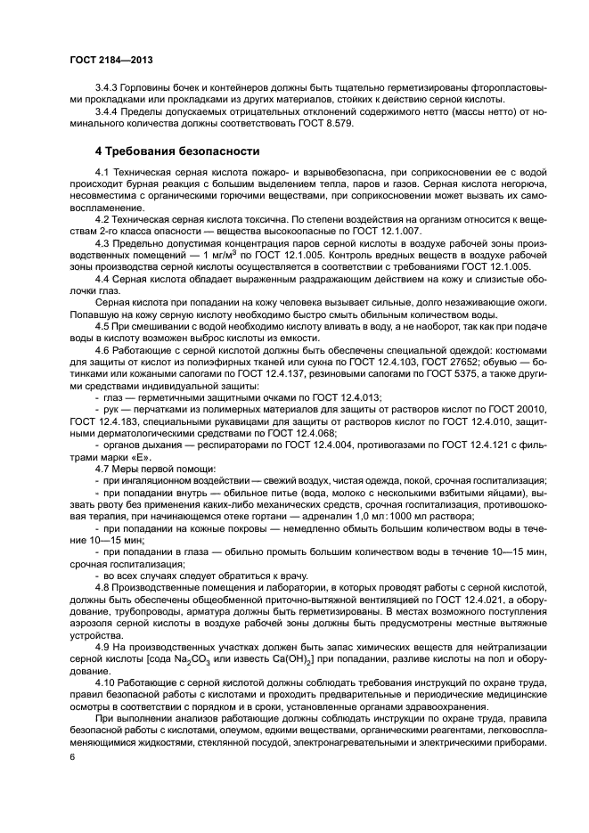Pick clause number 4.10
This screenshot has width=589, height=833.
point(106,682)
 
